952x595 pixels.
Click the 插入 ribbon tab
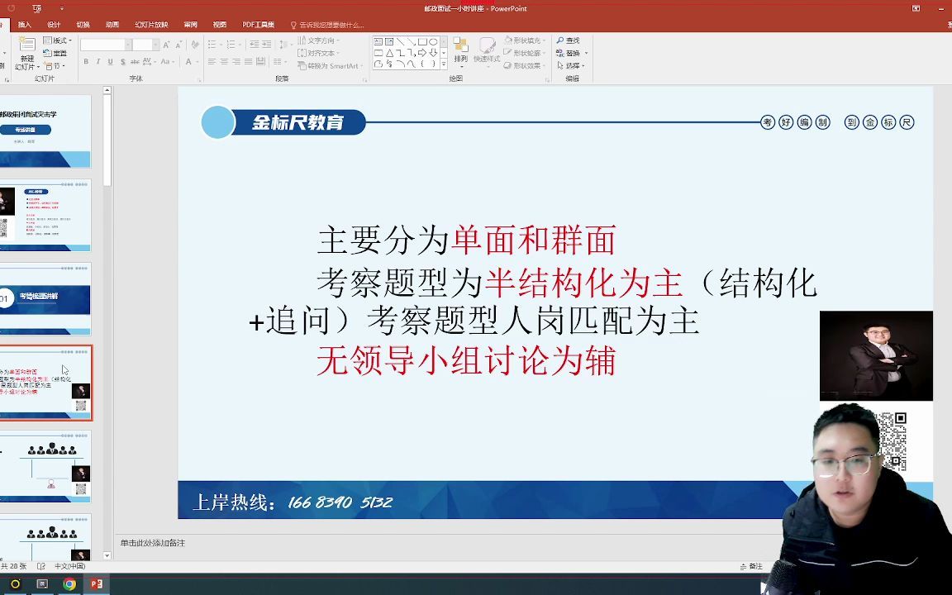pos(25,25)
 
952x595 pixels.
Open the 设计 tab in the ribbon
pos(54,25)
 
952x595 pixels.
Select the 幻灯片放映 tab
pos(151,25)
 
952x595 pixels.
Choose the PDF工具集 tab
pos(259,25)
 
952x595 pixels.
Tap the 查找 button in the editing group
pos(569,40)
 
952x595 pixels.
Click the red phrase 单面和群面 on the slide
pos(533,241)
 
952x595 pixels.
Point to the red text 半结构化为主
pos(583,283)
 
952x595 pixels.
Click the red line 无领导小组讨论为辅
pos(465,362)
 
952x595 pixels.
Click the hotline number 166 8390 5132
pos(340,502)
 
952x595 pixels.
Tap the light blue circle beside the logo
pos(218,123)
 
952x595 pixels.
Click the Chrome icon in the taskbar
pos(69,584)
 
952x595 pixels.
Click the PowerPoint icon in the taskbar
pos(97,584)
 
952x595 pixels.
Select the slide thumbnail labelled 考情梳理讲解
pos(46,298)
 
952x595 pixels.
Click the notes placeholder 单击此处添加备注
pos(153,543)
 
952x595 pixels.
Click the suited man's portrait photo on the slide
pos(876,355)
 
